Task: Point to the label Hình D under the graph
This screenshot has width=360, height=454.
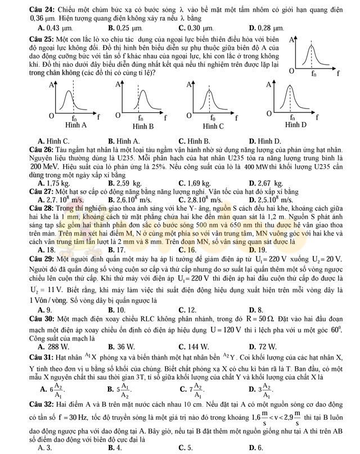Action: pos(295,124)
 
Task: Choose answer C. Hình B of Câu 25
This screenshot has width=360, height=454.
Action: pos(194,141)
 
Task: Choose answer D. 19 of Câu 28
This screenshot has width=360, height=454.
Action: pos(258,249)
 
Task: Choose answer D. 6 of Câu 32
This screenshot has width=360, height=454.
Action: pos(257,447)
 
